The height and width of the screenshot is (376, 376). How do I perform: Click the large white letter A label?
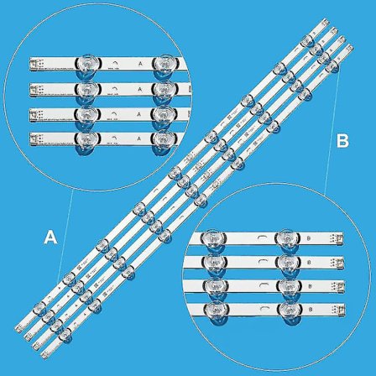pos(50,238)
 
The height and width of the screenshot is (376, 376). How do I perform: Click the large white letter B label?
pos(342,142)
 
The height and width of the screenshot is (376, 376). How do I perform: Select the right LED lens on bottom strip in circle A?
pos(164,139)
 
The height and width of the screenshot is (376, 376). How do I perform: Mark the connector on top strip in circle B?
pos(340,239)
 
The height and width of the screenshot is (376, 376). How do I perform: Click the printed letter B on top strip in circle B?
pos(311,239)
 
